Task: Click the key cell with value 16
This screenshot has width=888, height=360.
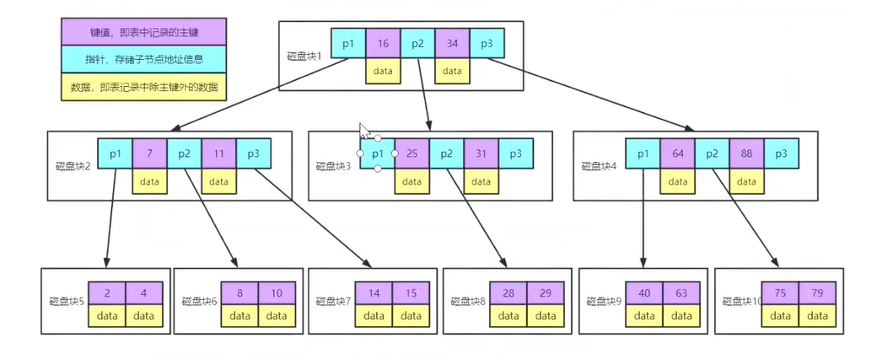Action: pyautogui.click(x=383, y=43)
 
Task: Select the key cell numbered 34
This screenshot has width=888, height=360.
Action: pyautogui.click(x=452, y=43)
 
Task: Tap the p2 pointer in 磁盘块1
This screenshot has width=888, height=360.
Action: pyautogui.click(x=417, y=43)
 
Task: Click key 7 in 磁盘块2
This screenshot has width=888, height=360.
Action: pyautogui.click(x=149, y=153)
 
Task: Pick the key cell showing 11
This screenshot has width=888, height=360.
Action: pyautogui.click(x=218, y=153)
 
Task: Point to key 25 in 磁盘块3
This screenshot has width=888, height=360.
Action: pyautogui.click(x=412, y=153)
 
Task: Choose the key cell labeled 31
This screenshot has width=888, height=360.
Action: pyautogui.click(x=481, y=153)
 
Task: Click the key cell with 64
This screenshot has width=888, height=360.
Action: pyautogui.click(x=677, y=153)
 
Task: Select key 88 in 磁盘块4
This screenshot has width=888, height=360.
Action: pyautogui.click(x=746, y=153)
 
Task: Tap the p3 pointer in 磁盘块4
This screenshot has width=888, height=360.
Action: pyautogui.click(x=781, y=153)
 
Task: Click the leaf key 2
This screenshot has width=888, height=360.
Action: pyautogui.click(x=108, y=293)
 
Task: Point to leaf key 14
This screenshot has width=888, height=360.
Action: pyautogui.click(x=374, y=293)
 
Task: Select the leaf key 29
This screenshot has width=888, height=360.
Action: pyautogui.click(x=545, y=293)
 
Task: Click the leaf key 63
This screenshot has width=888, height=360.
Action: pyautogui.click(x=681, y=293)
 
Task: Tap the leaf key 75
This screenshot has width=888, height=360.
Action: pyautogui.click(x=780, y=293)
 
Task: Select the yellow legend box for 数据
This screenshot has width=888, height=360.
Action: pyautogui.click(x=144, y=87)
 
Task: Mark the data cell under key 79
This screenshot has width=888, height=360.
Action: pyautogui.click(x=815, y=315)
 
